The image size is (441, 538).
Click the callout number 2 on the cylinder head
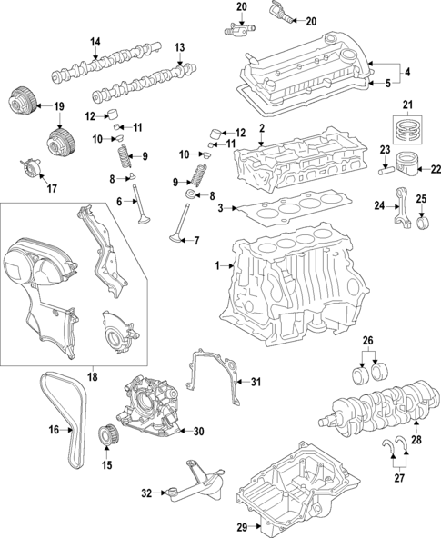(261, 129)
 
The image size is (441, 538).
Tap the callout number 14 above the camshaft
(95, 42)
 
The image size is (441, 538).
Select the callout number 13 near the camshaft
(179, 47)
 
